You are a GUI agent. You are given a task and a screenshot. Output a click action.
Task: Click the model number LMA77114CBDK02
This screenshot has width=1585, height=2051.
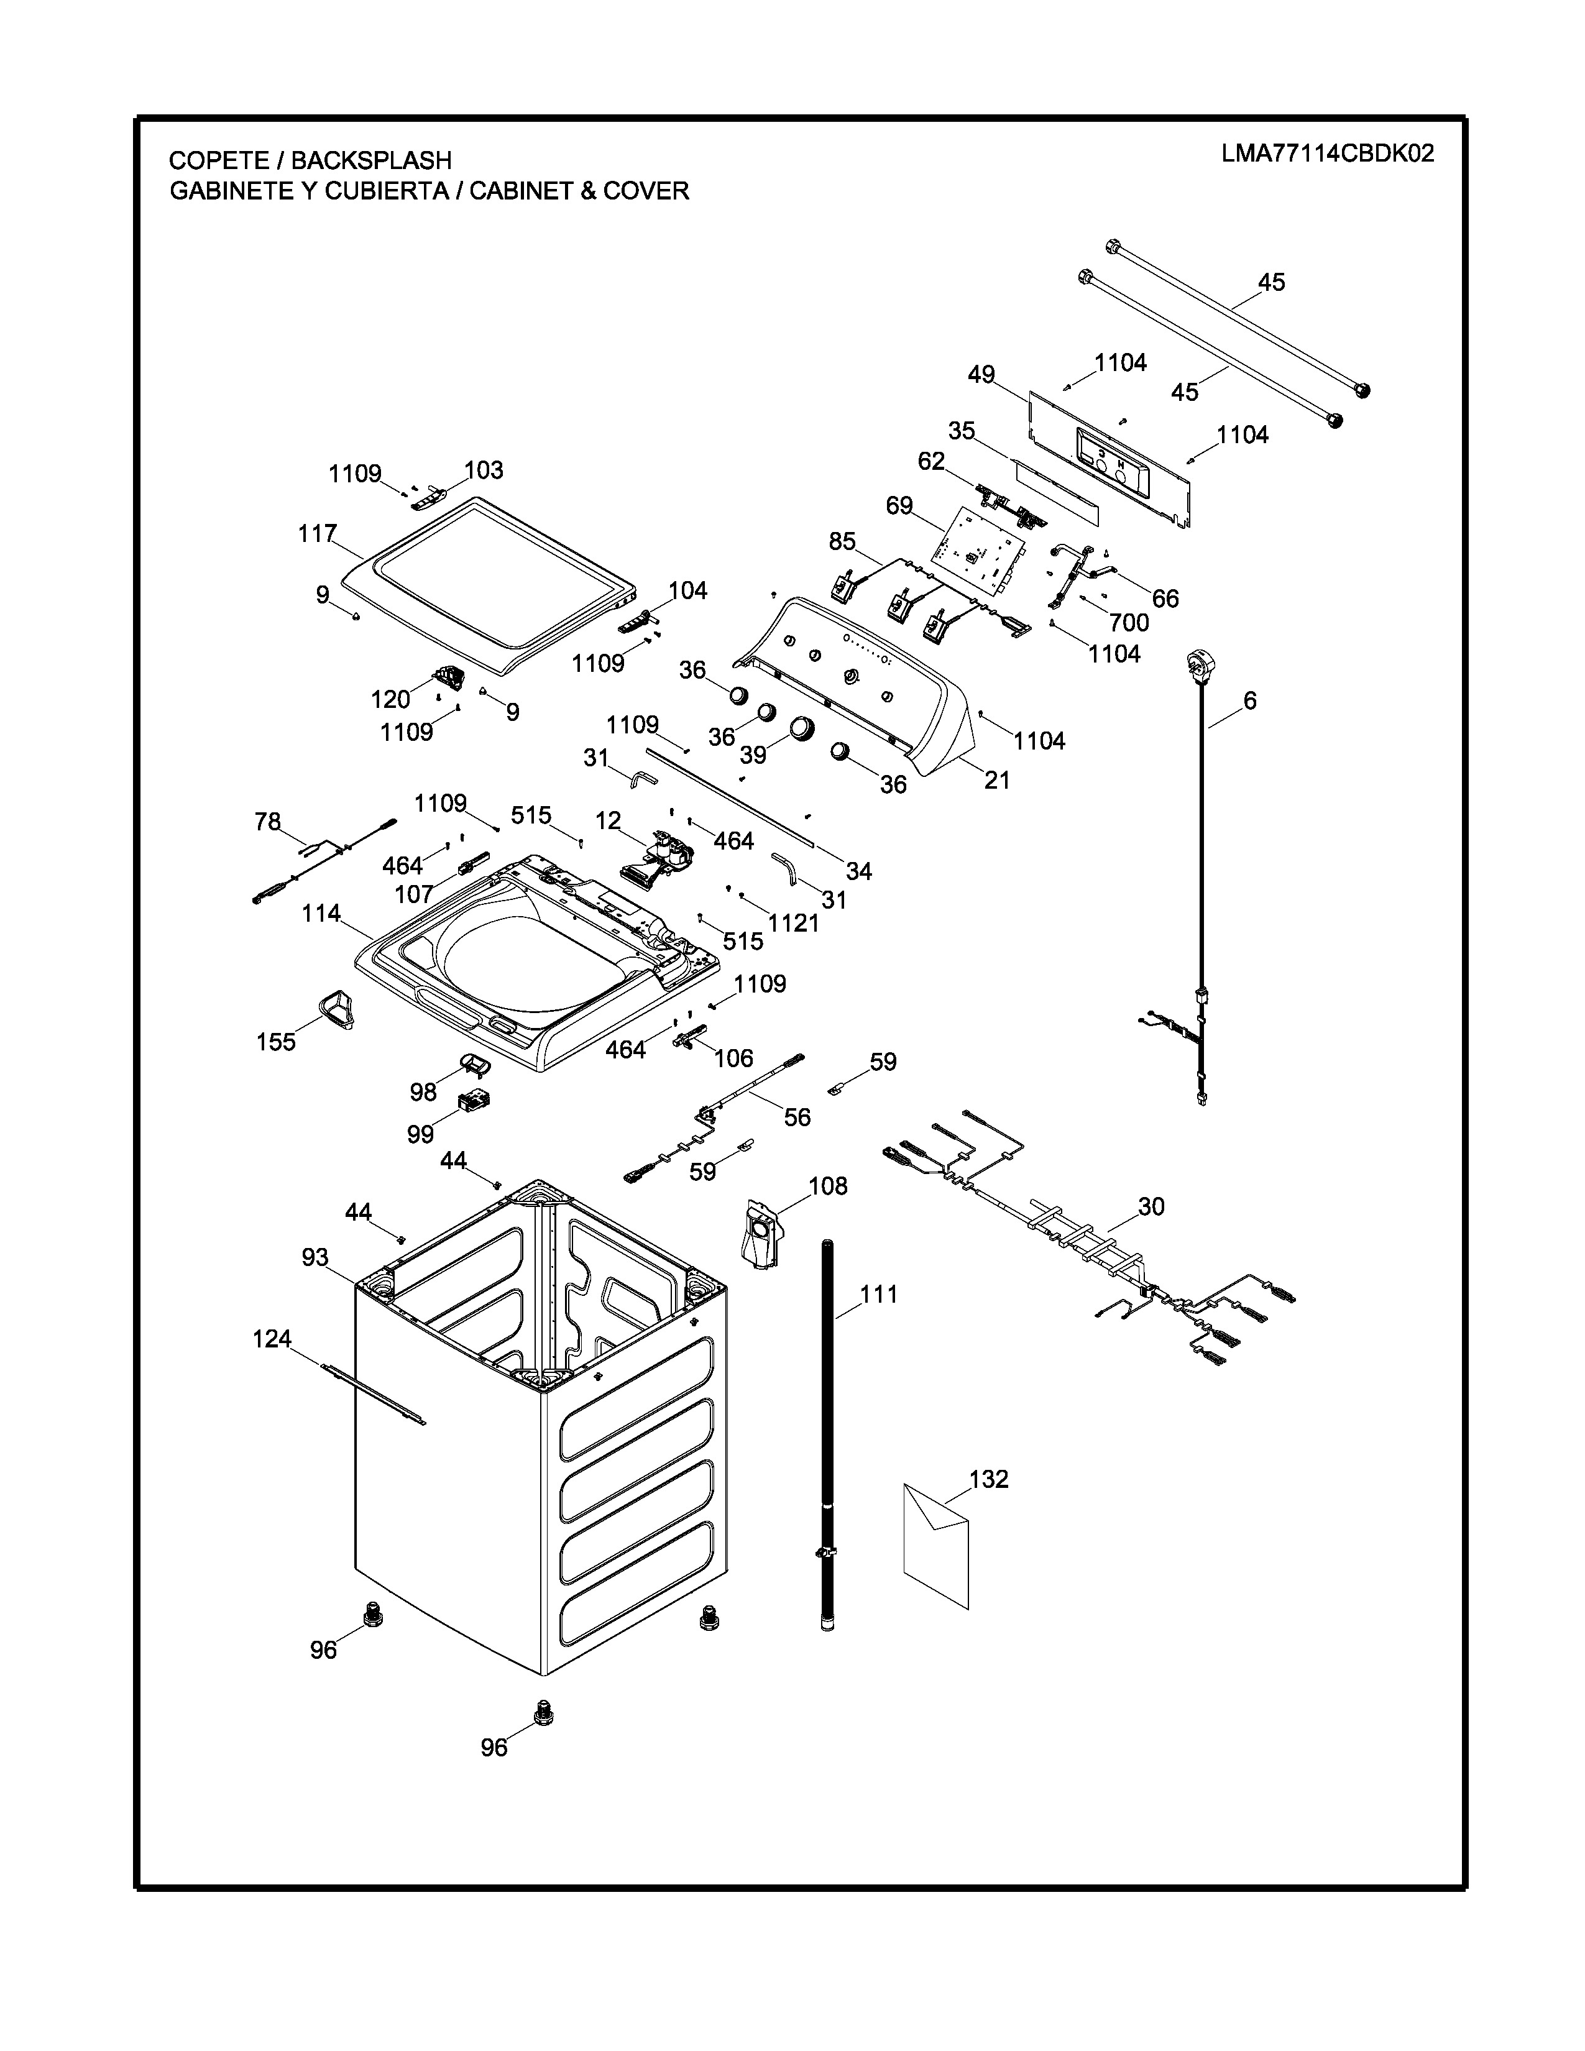[1328, 154]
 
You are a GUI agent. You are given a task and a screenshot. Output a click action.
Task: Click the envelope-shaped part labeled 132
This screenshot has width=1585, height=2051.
[935, 1545]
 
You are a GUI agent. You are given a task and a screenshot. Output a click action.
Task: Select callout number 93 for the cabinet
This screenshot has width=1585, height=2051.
[316, 1257]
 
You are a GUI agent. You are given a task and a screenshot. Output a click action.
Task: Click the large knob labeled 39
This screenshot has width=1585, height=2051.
[802, 729]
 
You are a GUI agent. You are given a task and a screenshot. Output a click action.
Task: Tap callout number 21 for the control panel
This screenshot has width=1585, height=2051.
[996, 779]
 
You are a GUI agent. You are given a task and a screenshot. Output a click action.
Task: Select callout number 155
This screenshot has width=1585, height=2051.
[276, 1042]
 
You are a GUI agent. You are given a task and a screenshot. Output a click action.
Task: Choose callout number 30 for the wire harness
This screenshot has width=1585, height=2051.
[1151, 1207]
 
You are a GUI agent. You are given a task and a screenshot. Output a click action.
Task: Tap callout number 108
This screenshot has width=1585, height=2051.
[828, 1186]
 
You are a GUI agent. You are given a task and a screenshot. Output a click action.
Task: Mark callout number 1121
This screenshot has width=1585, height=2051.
[794, 923]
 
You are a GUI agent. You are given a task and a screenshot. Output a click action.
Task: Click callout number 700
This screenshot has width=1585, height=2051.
[1129, 623]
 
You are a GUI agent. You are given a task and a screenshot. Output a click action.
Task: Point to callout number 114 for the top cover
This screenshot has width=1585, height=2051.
[321, 914]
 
